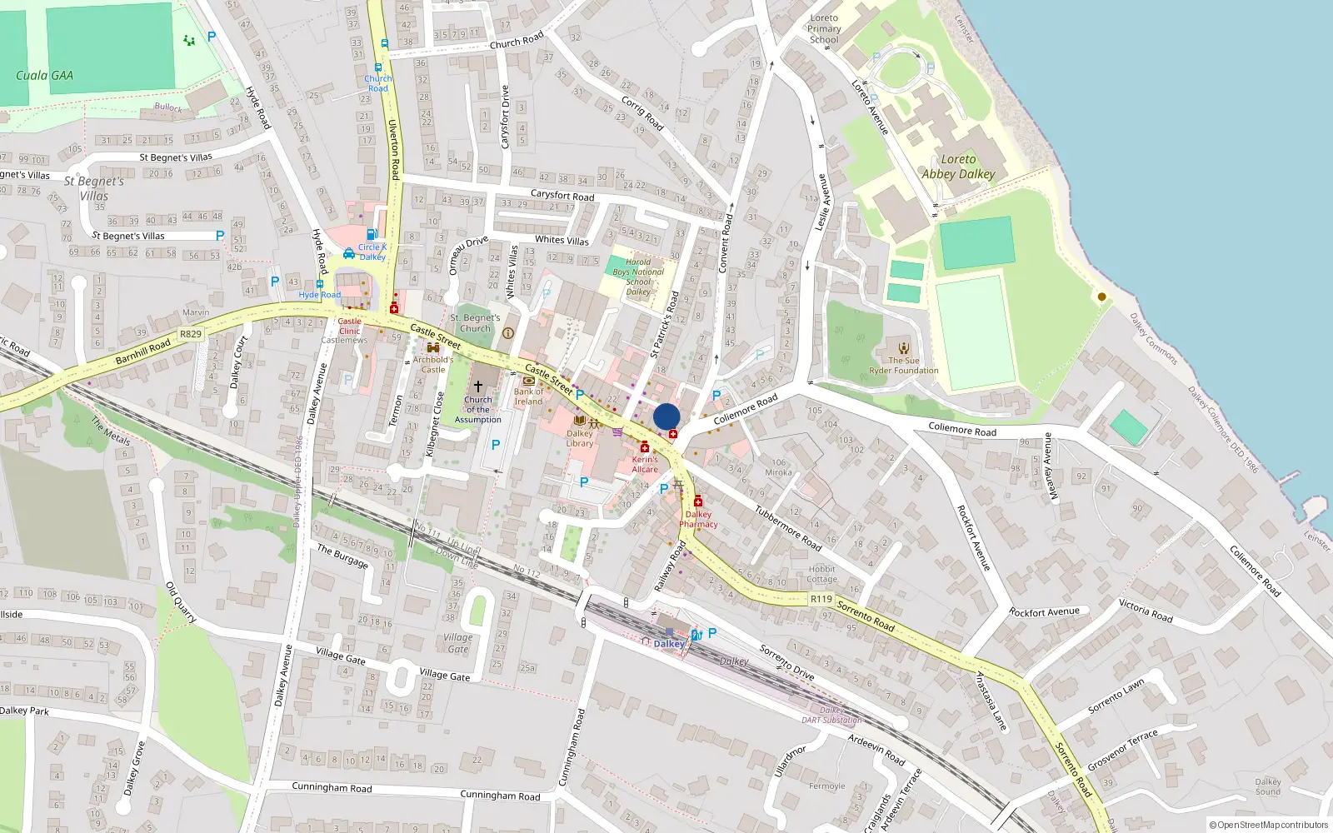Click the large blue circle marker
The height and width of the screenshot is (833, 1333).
tap(666, 416)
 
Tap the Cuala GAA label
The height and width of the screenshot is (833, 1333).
tap(44, 75)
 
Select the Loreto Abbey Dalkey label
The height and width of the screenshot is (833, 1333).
tap(958, 167)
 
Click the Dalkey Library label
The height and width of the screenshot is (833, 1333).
tap(580, 438)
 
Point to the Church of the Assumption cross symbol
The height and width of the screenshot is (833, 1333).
tap(478, 387)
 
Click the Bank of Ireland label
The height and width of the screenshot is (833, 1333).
tap(528, 397)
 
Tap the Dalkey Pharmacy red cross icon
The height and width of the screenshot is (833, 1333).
tap(698, 501)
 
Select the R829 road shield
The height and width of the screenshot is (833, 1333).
tap(191, 334)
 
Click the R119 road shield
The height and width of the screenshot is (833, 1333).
tap(821, 599)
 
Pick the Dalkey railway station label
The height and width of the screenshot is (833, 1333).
tap(669, 644)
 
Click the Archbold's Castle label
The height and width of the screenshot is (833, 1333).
tap(433, 365)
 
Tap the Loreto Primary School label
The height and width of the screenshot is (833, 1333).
tap(824, 28)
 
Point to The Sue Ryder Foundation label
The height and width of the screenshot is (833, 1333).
tap(904, 366)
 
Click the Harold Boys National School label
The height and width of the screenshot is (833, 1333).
tap(638, 277)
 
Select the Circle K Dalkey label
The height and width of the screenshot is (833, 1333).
tap(372, 252)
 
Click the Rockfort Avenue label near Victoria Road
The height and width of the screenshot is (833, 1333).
tap(1044, 612)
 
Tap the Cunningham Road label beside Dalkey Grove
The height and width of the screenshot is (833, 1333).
tap(332, 787)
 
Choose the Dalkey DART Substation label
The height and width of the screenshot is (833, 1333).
tap(831, 716)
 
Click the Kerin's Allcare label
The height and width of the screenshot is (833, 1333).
tap(645, 464)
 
